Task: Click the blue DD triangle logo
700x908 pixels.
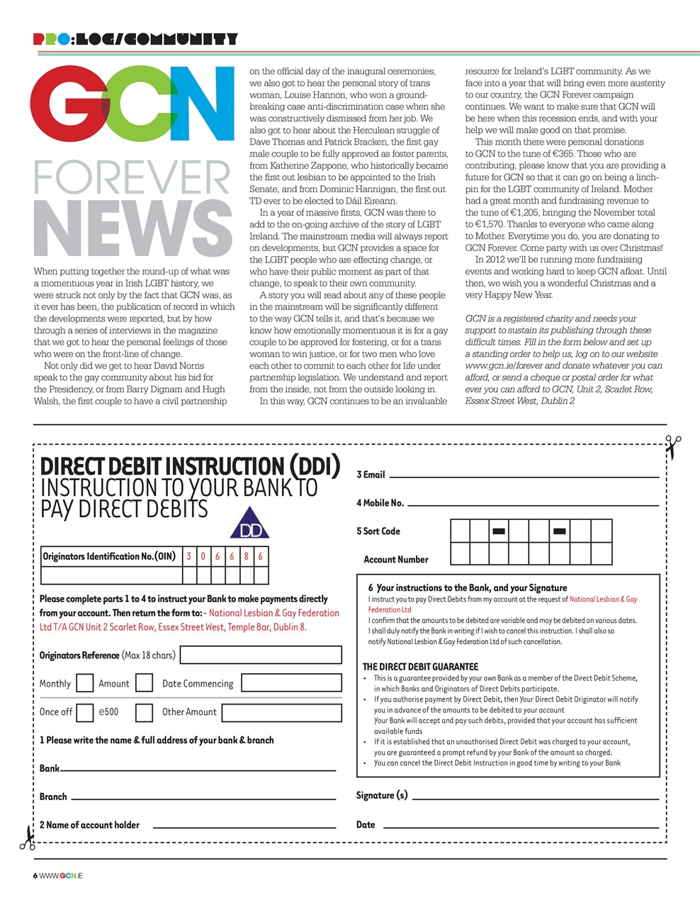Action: [x=250, y=524]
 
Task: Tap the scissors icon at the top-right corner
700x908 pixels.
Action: [x=672, y=446]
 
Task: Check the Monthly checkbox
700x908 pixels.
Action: [x=84, y=683]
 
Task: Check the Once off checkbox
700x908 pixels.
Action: [x=84, y=712]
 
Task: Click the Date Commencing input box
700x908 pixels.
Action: [x=291, y=683]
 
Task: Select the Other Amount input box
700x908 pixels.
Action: [x=281, y=712]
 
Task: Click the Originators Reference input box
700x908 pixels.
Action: [x=261, y=655]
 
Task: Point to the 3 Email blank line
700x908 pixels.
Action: [x=524, y=476]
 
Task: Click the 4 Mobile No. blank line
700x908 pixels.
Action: [x=533, y=504]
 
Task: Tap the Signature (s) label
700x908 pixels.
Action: [x=382, y=795]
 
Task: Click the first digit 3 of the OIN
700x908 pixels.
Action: [x=189, y=556]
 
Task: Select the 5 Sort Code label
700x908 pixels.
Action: [x=378, y=531]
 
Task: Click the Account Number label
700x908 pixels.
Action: [x=395, y=560]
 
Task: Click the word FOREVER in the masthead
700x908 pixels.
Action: [x=132, y=177]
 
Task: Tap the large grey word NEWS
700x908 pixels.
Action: [x=132, y=228]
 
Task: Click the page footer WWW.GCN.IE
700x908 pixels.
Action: [x=60, y=875]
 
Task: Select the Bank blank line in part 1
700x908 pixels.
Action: [x=198, y=769]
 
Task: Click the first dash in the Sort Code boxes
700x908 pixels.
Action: [x=499, y=531]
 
